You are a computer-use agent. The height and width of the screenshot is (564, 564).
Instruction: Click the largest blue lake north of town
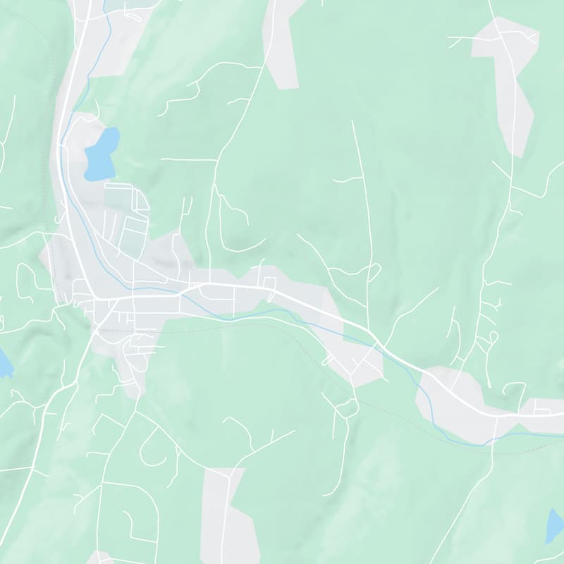click(101, 154)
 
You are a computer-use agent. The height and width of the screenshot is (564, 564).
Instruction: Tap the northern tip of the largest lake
click(111, 129)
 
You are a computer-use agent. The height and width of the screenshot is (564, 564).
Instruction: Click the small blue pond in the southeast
click(556, 526)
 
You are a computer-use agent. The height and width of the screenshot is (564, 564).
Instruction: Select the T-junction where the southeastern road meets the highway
click(496, 416)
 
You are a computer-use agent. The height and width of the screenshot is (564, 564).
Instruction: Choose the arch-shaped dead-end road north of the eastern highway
click(514, 386)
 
